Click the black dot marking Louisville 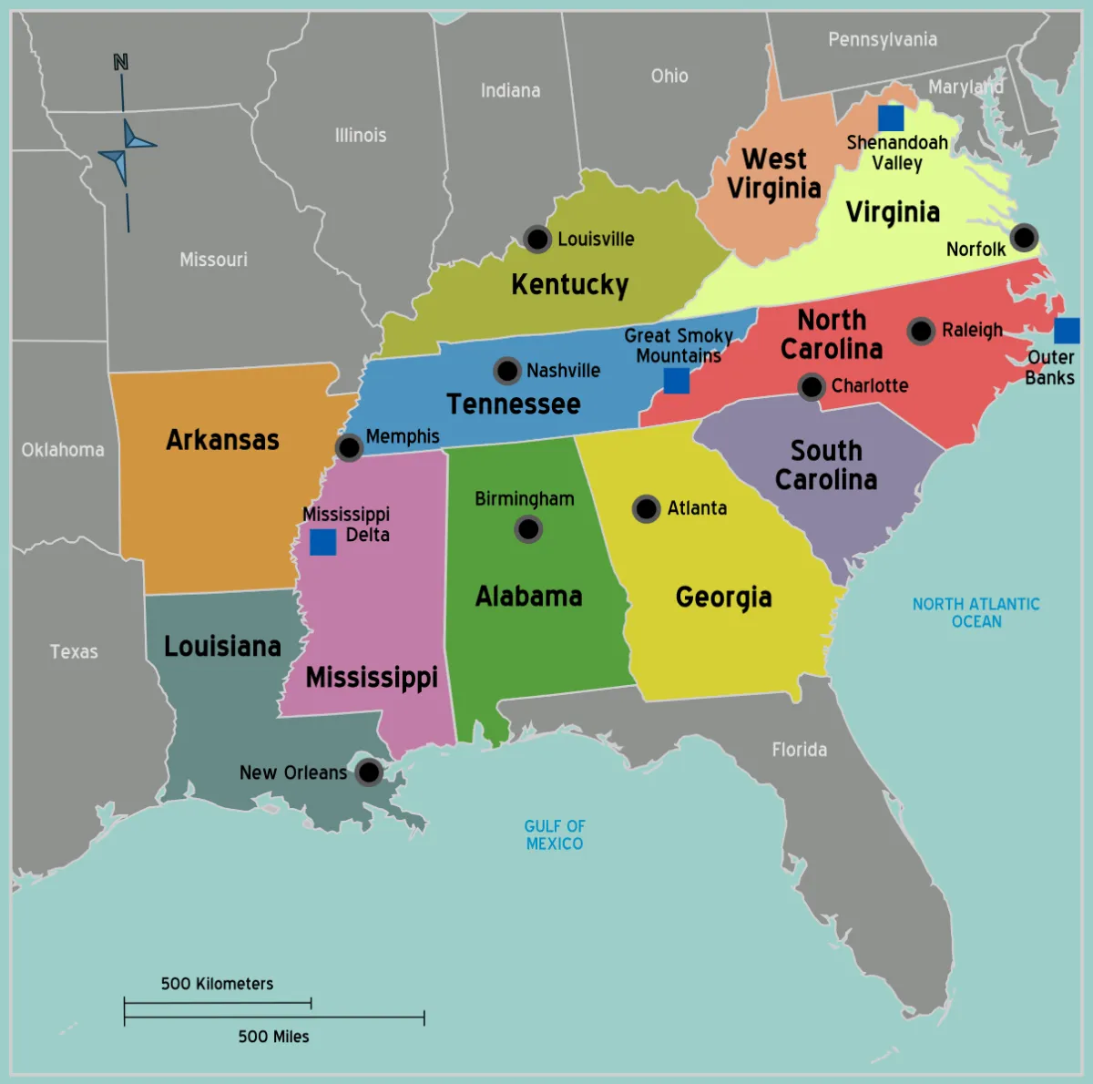(x=537, y=240)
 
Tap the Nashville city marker (x=507, y=371)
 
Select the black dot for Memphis (x=349, y=447)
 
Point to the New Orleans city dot (x=369, y=772)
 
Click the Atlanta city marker (x=647, y=508)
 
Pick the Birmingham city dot (x=528, y=528)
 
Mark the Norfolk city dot (x=1024, y=238)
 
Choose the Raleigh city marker (x=921, y=331)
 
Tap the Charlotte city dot (x=812, y=386)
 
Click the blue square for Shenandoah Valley (x=891, y=118)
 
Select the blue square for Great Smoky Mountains (x=676, y=381)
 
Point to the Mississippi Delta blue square (x=322, y=542)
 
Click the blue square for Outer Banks (x=1067, y=331)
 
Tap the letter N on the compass (x=120, y=62)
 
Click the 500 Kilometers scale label (x=217, y=984)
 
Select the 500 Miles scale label (x=273, y=1037)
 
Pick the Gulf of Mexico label (x=555, y=834)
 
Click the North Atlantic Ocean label (x=976, y=612)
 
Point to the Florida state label (x=800, y=750)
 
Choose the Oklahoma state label (x=63, y=450)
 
